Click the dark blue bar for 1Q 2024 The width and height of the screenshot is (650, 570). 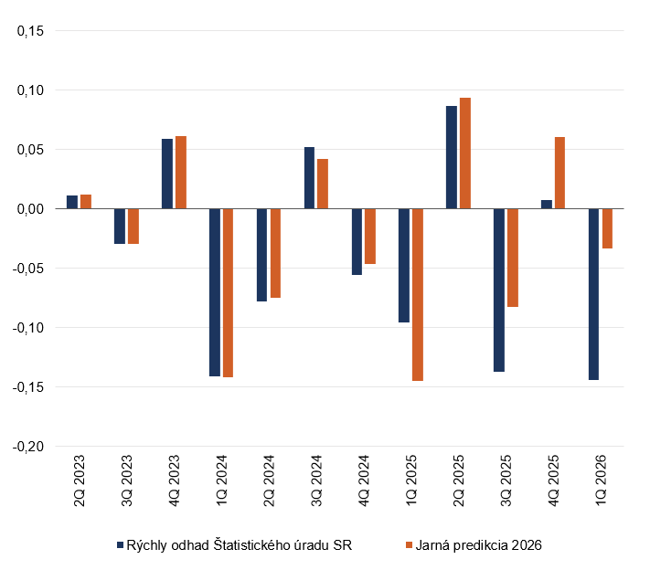[x=215, y=292]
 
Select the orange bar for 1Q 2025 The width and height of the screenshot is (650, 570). [x=418, y=294]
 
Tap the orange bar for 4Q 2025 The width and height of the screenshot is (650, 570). [x=559, y=173]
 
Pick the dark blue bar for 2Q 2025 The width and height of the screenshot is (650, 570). [x=452, y=157]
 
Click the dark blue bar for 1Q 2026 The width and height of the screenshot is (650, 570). [x=593, y=294]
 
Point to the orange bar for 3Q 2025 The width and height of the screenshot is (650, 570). [x=512, y=258]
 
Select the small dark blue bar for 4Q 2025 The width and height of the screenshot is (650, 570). [x=547, y=205]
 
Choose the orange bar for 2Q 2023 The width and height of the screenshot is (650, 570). [x=86, y=202]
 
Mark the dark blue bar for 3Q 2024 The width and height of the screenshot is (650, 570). [x=309, y=178]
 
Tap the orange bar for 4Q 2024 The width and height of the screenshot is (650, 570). [x=370, y=236]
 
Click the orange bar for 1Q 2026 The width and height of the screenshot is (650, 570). [x=607, y=228]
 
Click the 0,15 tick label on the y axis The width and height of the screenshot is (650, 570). [x=30, y=31]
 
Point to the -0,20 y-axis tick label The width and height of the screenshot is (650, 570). [x=28, y=447]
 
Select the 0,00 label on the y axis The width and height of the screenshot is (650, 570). [x=30, y=209]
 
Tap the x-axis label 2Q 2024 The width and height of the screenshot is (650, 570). [x=269, y=480]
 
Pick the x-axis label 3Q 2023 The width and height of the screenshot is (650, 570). [x=126, y=480]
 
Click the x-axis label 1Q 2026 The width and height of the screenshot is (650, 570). [x=601, y=480]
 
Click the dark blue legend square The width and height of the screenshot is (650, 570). [x=120, y=545]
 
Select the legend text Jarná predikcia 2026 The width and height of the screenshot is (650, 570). [x=478, y=545]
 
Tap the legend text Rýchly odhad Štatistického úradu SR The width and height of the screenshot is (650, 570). [x=240, y=545]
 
